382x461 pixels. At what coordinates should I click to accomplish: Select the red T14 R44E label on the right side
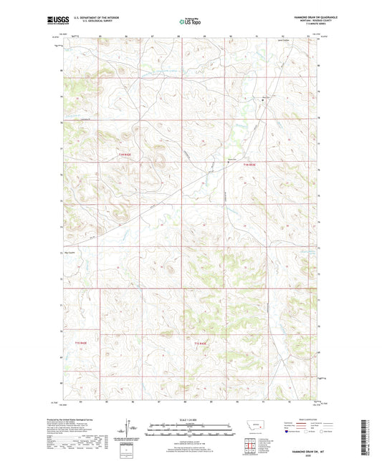click(249, 165)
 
